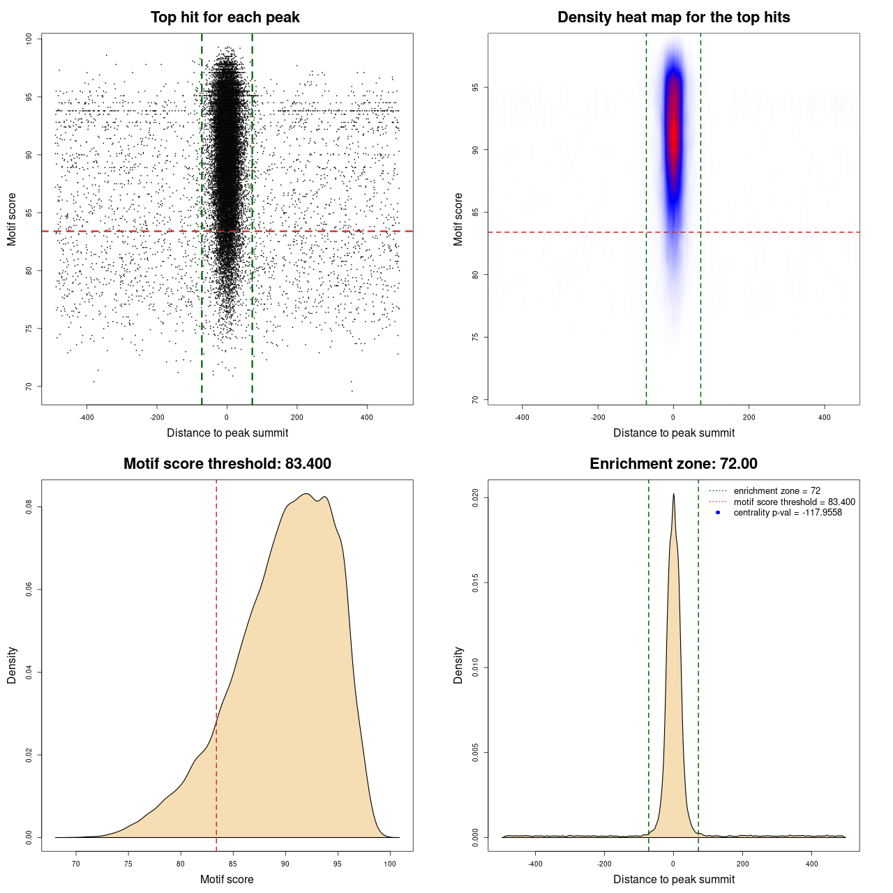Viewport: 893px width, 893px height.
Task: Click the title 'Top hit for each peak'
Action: coord(225,17)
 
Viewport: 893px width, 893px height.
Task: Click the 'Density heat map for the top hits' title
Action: coord(674,17)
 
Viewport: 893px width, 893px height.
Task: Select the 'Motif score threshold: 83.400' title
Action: coord(227,464)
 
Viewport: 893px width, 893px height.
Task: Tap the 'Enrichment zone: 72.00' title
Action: coord(674,464)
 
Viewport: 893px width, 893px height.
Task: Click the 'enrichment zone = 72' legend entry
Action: coord(776,491)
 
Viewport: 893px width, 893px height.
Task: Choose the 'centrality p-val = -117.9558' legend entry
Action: coord(788,513)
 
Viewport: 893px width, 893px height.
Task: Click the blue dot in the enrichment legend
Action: coord(718,513)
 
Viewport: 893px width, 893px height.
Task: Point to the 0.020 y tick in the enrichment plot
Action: coord(476,497)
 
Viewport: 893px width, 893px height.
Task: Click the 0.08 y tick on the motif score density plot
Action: coord(29,506)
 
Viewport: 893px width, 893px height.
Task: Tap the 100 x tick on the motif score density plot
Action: coord(390,864)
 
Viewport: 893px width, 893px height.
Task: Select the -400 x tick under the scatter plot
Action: coord(87,417)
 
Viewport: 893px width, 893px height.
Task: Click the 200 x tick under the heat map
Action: coord(749,417)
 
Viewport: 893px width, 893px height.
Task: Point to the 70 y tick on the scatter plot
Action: coord(29,387)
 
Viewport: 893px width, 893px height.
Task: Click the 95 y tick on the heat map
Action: coord(476,87)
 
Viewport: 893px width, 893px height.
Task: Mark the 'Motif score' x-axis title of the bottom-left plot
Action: coord(227,879)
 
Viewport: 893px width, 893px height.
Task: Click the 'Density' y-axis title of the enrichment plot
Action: coord(458,665)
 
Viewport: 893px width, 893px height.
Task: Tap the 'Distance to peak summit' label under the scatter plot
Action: coord(227,433)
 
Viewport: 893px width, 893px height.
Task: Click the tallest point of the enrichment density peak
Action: coord(673,495)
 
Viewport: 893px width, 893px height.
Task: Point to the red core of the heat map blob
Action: coord(673,126)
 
